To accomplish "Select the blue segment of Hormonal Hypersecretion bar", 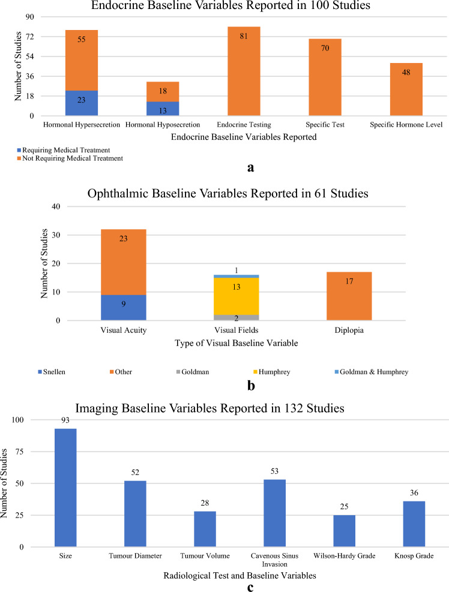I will click(x=82, y=103).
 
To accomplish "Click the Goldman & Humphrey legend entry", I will click(x=373, y=372).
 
